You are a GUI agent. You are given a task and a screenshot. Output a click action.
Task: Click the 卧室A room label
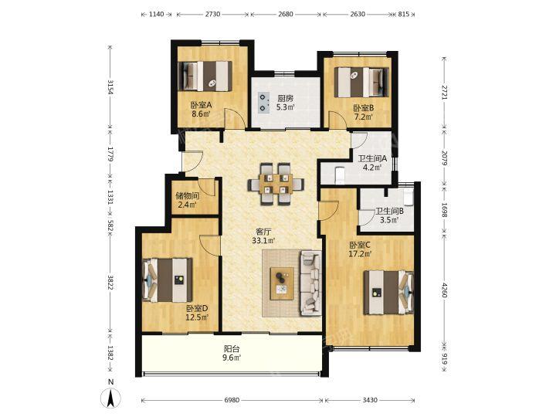coord(201,105)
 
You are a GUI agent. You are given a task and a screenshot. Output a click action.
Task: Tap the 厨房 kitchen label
coord(285,98)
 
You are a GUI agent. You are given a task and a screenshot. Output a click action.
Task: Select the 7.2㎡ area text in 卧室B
coord(364,117)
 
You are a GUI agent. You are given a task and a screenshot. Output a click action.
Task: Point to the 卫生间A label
coord(372,158)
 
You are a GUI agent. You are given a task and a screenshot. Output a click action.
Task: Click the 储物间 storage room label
coord(187,195)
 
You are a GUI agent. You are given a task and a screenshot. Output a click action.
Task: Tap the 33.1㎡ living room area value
coord(264,241)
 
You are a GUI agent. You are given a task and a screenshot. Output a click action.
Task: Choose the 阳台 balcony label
coord(232,349)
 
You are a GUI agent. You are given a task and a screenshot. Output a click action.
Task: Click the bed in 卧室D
coord(167,280)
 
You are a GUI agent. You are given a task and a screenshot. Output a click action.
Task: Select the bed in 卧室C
coord(388,293)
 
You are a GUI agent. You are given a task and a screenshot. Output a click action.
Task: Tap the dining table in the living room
coord(276,184)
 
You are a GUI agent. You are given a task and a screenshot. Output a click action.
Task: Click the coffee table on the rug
coord(282,283)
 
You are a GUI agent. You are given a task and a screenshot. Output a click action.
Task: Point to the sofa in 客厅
coord(311,283)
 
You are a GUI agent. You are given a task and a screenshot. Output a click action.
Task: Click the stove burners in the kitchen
coord(263,102)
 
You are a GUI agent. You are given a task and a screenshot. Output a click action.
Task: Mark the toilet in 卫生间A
coord(340,175)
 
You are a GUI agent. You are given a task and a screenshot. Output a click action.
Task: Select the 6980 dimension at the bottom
coord(232,400)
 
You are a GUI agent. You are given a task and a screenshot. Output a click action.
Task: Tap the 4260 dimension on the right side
coord(444,290)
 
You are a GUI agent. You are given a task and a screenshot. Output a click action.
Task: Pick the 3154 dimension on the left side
coord(111,87)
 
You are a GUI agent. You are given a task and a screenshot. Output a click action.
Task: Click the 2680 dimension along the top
coord(286,14)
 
